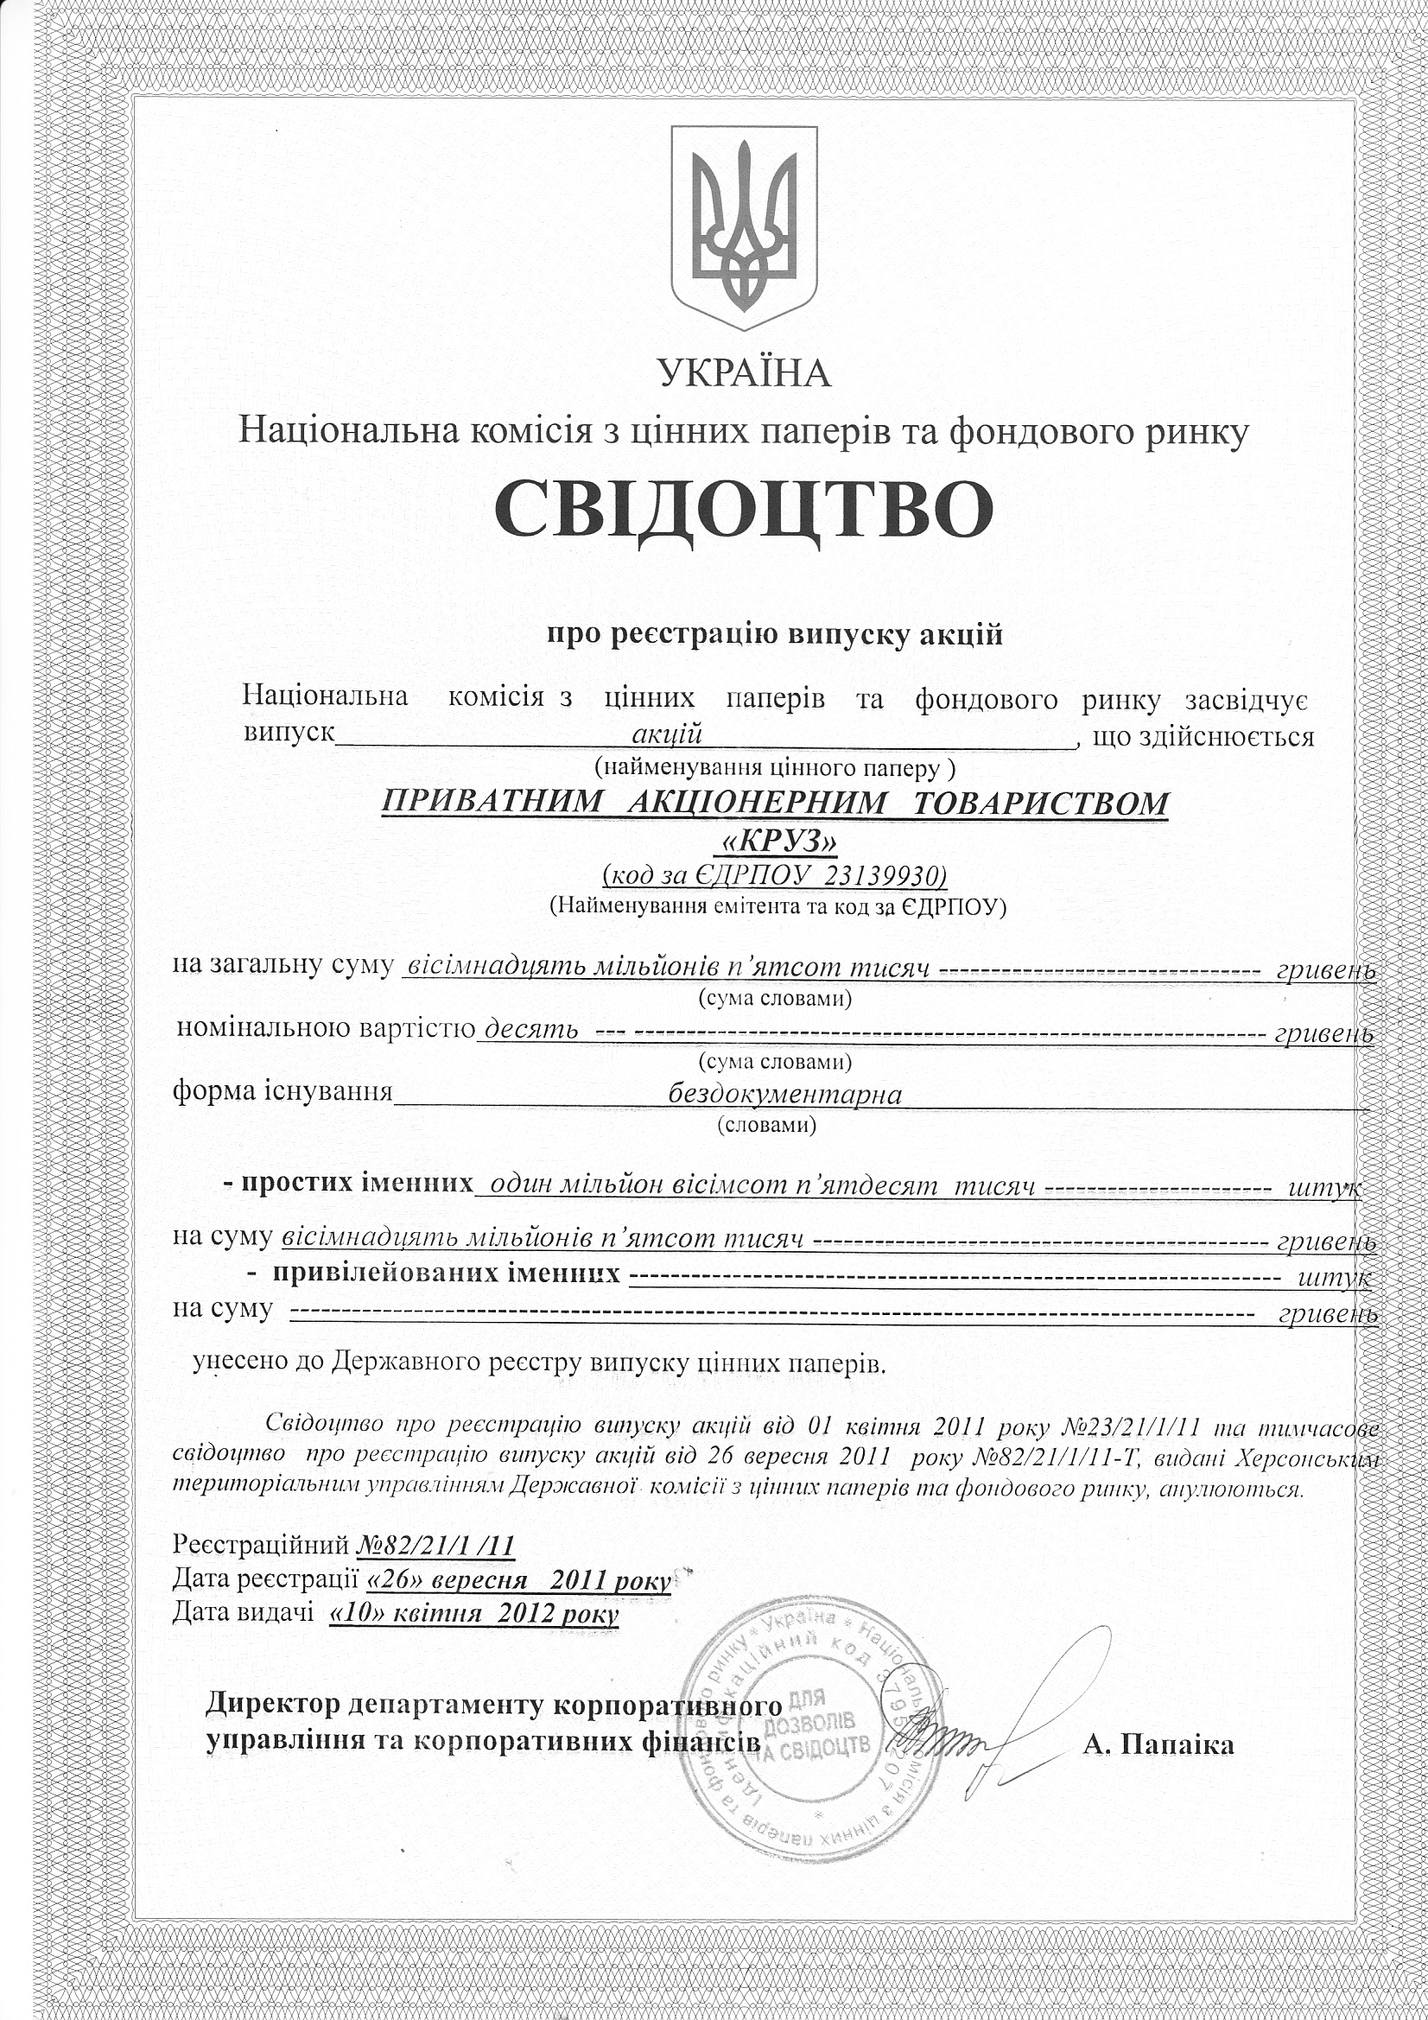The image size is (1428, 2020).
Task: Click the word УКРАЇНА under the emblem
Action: pos(745,373)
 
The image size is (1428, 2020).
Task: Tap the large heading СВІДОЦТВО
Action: pos(744,511)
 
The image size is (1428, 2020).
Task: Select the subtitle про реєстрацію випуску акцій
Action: pos(774,634)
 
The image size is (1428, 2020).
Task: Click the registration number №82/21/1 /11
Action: pos(435,1546)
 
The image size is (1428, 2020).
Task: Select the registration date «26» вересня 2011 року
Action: pos(518,1581)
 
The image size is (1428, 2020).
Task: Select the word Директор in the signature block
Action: pos(272,1705)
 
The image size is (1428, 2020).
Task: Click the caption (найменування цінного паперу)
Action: pos(774,768)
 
